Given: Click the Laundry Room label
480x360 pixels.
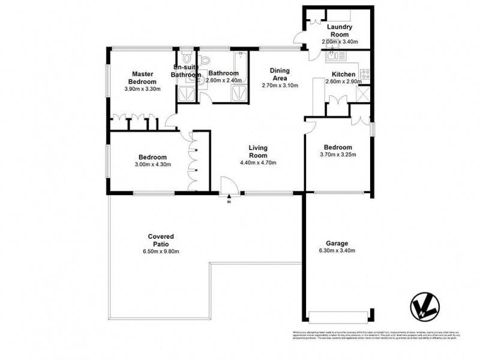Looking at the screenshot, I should click(340, 31).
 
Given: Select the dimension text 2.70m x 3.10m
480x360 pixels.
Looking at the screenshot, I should click(280, 86).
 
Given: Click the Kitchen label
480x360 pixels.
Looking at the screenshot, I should click(344, 74).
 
